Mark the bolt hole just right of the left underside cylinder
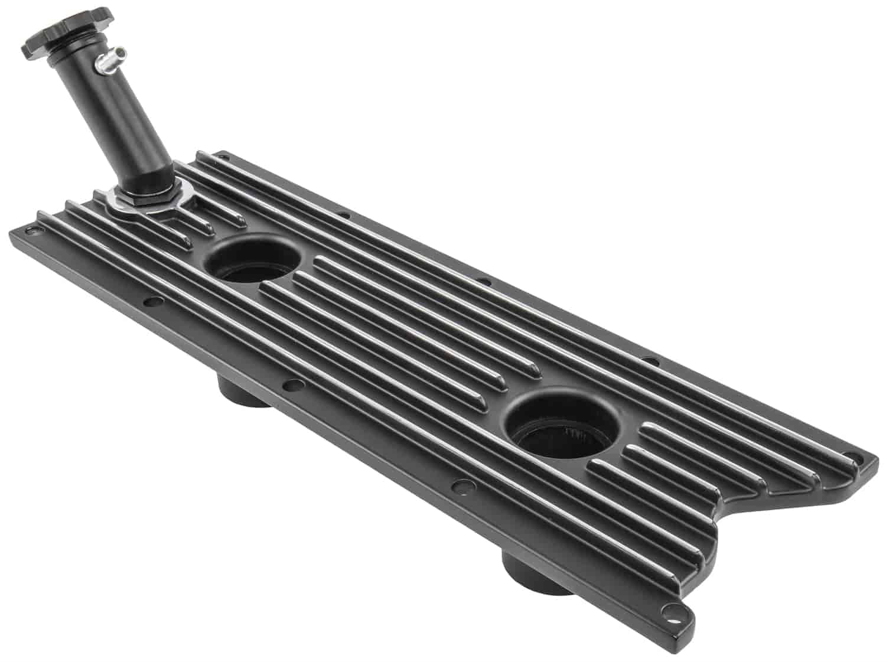pos(290,386)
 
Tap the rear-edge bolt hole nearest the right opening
pos(648,360)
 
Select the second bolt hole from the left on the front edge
pos(154,301)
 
